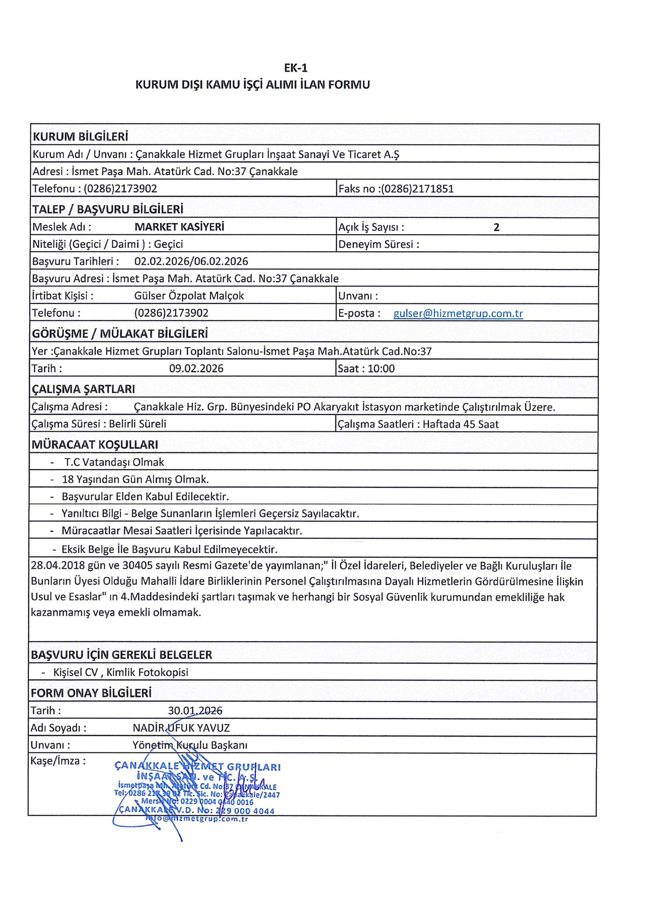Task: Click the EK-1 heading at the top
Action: tap(296, 68)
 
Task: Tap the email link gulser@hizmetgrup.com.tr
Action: tap(458, 313)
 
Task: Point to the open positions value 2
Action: tap(496, 227)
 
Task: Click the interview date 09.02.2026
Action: tap(196, 369)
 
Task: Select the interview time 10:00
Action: tap(381, 369)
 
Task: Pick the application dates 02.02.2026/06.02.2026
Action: tap(191, 261)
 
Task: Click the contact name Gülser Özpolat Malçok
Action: tap(189, 296)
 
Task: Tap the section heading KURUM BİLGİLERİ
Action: tap(80, 137)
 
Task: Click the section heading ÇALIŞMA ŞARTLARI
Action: tap(83, 389)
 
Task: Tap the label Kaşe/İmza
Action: tap(58, 761)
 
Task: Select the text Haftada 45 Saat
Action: tap(460, 424)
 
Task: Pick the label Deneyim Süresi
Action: tap(379, 244)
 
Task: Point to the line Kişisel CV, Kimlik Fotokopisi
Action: tap(121, 672)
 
